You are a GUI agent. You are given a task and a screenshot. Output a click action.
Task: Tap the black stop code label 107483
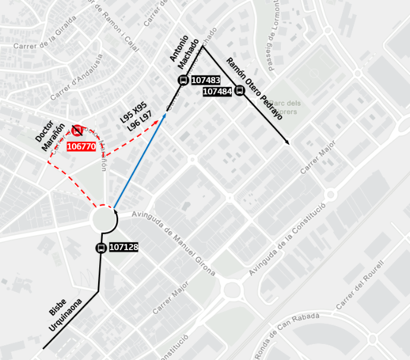(x=206, y=80)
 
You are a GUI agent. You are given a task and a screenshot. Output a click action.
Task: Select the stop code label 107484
(x=217, y=91)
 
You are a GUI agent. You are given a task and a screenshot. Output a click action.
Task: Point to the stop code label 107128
(x=124, y=248)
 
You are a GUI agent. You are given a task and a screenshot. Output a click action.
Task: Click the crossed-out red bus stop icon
(x=77, y=130)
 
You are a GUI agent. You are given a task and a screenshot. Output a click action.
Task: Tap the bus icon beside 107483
(x=182, y=81)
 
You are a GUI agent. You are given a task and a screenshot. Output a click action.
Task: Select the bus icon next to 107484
(x=239, y=90)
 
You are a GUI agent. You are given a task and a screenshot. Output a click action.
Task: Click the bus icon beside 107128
(x=101, y=248)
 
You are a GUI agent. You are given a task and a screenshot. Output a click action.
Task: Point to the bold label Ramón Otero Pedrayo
(x=254, y=89)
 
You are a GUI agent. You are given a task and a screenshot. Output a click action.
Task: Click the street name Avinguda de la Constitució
(x=288, y=239)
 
